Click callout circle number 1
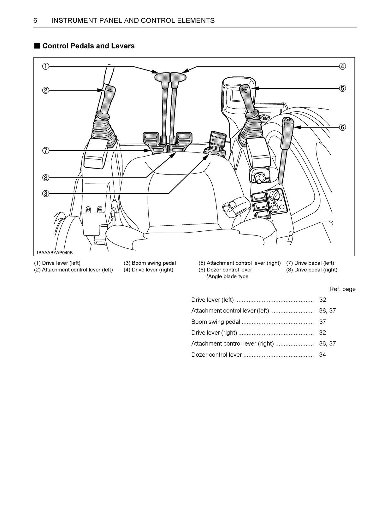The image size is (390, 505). coord(46,66)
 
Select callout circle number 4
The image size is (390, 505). coord(342,66)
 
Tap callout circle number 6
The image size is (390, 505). coord(342,128)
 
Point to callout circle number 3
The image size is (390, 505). coord(46,193)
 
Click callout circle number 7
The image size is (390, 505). coord(46,151)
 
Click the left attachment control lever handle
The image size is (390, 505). coord(107,98)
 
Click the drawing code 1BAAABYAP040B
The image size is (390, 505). coord(54,252)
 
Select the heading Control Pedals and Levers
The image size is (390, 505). coord(88,46)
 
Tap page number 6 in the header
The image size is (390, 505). coord(35,21)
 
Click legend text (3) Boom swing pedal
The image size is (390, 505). coord(150,263)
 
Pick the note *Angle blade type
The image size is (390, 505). coord(227,276)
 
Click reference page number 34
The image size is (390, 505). coord(322,355)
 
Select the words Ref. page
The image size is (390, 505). coord(342,289)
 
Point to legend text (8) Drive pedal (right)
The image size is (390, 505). coord(311,270)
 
